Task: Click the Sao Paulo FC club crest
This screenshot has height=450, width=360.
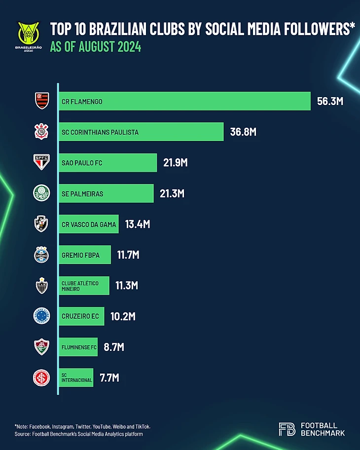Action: (x=41, y=162)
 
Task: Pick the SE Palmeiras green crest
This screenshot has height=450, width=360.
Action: (x=41, y=193)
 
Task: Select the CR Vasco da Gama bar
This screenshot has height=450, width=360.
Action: (x=88, y=224)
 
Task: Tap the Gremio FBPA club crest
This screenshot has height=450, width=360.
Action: (x=41, y=255)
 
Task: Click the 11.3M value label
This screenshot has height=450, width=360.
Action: (x=127, y=286)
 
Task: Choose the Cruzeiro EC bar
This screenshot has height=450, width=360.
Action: (x=81, y=316)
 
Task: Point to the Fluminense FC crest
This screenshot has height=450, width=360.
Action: (x=41, y=347)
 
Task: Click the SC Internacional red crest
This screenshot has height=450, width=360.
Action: (x=41, y=378)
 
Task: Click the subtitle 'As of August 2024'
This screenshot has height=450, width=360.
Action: (x=96, y=48)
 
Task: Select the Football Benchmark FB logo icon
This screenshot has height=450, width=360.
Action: (x=287, y=429)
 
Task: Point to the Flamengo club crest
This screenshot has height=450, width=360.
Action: (x=41, y=101)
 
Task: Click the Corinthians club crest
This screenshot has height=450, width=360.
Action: (x=41, y=132)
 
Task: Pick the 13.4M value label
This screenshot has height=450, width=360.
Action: (x=137, y=224)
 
